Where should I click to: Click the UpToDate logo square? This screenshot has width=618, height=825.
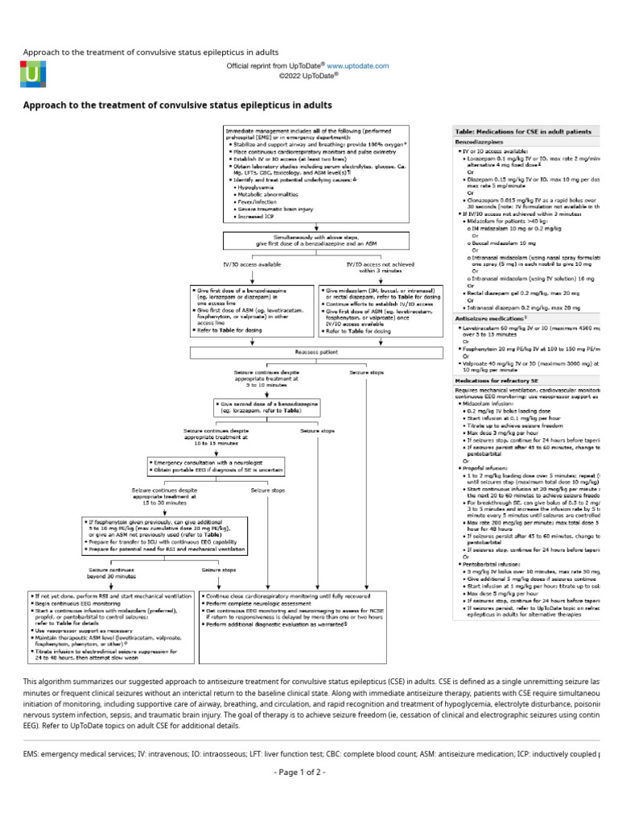(33, 73)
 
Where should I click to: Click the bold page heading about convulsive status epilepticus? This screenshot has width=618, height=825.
(177, 106)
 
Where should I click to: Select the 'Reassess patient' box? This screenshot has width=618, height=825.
(307, 353)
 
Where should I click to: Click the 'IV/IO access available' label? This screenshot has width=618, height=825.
(252, 263)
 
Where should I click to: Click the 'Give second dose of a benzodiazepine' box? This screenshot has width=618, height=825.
(266, 407)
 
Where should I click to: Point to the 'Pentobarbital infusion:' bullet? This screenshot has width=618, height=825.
(496, 565)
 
